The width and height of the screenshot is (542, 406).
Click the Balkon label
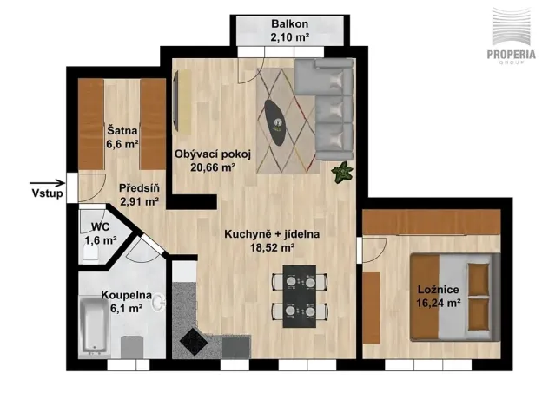(x=290, y=23)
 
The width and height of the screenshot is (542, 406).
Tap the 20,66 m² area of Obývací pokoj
(x=214, y=167)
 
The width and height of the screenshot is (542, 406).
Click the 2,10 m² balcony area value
(x=290, y=36)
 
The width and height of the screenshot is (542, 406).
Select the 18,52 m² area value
(x=273, y=247)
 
